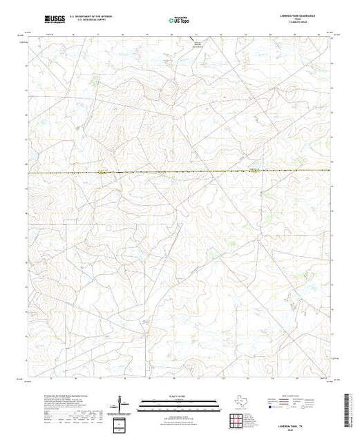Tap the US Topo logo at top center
tap(180, 20)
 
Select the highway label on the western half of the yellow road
tap(102, 173)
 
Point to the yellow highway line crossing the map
tap(180, 172)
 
